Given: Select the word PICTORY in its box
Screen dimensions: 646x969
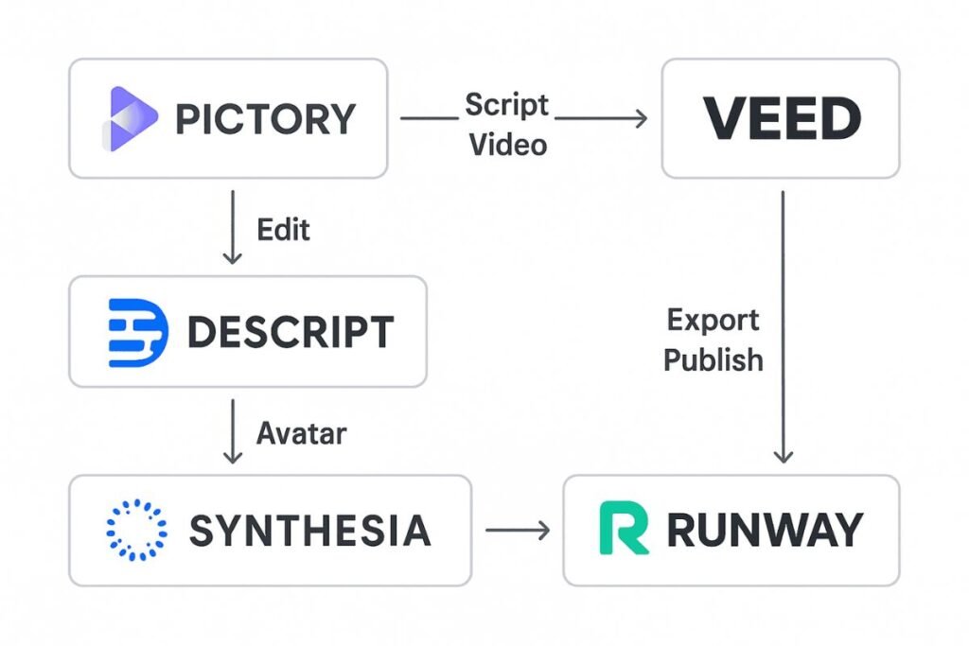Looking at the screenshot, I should click(265, 119).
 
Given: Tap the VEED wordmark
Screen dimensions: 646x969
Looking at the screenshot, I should click(781, 119).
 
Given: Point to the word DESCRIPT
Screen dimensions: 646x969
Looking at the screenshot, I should click(291, 332).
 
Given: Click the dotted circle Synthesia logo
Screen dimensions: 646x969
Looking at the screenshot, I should click(136, 530).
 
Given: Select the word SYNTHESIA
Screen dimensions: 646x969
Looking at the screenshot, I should click(309, 531).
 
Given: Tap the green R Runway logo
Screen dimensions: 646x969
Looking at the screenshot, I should click(624, 529).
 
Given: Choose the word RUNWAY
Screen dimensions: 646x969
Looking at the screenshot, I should click(765, 530).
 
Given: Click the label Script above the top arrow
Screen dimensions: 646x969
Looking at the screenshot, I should click(506, 105).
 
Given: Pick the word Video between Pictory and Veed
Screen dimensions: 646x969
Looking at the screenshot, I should click(508, 144).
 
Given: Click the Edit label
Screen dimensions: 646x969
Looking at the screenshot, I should click(283, 230).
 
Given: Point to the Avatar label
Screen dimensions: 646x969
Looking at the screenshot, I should click(301, 433).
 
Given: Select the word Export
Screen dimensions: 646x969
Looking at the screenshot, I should click(713, 320).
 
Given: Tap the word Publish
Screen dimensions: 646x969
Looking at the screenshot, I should click(713, 360).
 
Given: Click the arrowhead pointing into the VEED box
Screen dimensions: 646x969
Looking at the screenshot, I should click(641, 119).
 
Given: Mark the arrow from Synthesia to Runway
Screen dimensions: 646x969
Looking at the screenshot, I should click(518, 531).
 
